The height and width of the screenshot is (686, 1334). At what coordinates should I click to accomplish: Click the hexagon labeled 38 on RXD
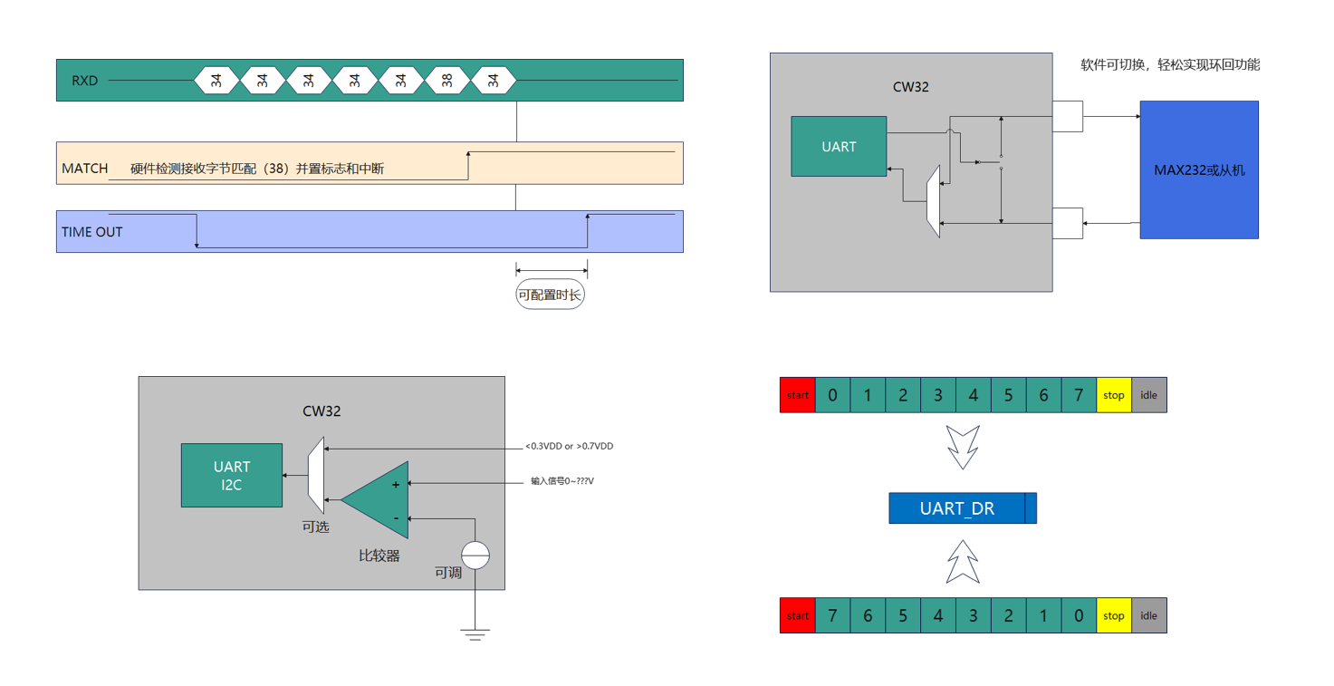pos(446,81)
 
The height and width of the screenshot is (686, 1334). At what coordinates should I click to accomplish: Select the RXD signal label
pos(84,81)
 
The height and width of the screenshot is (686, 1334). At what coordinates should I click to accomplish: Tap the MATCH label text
pos(85,169)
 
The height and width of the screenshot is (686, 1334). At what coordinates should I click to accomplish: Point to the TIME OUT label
pos(91,232)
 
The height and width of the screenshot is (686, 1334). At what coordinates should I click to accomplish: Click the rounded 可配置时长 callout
pos(550,295)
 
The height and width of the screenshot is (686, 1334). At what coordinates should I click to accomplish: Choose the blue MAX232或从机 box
pos(1198,169)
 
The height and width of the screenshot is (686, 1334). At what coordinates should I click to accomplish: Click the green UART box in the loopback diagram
pos(839,146)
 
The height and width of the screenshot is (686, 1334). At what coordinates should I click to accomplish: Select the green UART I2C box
pos(232,476)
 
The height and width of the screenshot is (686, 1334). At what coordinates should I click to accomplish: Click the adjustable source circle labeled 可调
pos(475,555)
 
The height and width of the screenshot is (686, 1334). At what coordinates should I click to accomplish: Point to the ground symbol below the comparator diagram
pos(475,633)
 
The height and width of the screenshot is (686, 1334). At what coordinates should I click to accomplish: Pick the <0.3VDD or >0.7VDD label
pos(569,447)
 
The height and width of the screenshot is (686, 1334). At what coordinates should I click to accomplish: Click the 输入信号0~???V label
pos(561,481)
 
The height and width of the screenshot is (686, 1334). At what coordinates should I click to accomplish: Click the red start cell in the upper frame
pos(797,395)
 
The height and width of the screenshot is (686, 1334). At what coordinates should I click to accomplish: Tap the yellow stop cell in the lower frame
pos(1113,616)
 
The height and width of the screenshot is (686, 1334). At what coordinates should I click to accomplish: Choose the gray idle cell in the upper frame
pos(1148,395)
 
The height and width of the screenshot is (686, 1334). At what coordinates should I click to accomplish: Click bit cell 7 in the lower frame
pos(832,616)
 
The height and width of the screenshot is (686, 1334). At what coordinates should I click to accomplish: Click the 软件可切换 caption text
pos(1169,65)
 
